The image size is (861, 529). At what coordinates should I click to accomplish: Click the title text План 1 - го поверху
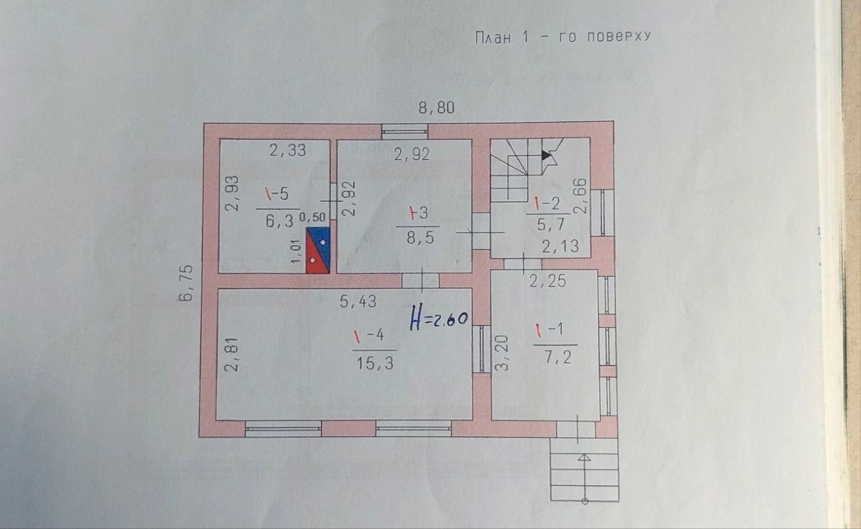coord(563,37)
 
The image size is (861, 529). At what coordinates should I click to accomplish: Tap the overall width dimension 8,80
coord(437,108)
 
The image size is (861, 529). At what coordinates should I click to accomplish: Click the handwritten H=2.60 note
coord(439,317)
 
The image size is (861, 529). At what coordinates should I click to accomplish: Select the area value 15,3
coord(375,363)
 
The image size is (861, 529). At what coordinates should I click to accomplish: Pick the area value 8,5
coord(420,238)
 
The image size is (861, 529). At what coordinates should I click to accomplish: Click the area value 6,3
coord(279,221)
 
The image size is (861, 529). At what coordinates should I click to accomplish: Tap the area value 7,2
coord(558,357)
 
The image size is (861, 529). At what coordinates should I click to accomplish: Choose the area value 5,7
coord(550,224)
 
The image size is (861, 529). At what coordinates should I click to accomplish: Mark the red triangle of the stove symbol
coord(314,258)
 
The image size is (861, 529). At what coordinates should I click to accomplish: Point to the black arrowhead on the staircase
coord(546,155)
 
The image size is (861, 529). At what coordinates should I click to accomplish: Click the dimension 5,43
coord(358,302)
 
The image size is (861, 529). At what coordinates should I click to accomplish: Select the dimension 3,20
coord(502,353)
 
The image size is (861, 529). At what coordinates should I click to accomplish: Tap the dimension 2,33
coord(287,150)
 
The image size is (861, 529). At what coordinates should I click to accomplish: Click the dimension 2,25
coord(548,281)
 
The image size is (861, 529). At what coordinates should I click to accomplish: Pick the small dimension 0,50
coord(313,217)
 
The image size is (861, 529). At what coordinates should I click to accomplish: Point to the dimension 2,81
coord(231,354)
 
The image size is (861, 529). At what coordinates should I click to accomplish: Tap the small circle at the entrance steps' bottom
coord(585,501)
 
